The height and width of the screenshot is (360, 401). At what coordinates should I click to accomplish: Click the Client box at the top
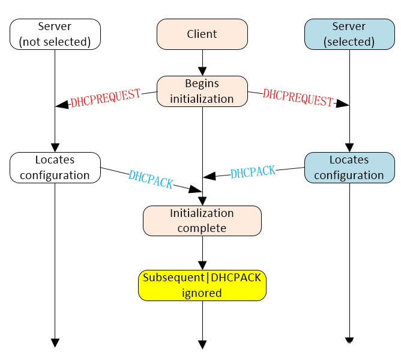tap(202, 34)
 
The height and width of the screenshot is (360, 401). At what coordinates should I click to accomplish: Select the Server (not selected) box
tap(55, 34)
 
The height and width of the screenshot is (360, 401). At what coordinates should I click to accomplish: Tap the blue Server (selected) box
tap(349, 34)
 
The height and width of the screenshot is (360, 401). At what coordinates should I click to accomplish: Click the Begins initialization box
tap(202, 91)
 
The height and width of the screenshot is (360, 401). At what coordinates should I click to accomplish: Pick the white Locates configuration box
tap(55, 167)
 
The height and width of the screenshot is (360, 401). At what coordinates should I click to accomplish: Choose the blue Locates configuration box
tap(349, 167)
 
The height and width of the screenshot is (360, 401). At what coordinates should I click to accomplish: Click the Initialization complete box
tap(202, 221)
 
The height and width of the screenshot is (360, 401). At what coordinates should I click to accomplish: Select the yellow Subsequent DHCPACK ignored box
tap(202, 285)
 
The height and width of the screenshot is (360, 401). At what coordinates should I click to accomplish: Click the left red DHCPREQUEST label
tap(105, 97)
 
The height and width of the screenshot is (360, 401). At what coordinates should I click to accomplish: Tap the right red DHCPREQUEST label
tap(298, 98)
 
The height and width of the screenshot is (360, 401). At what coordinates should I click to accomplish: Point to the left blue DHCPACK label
tap(151, 178)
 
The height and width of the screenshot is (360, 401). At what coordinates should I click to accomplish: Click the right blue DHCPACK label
tap(253, 172)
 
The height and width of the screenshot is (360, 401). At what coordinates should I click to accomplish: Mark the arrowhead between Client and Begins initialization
tap(202, 71)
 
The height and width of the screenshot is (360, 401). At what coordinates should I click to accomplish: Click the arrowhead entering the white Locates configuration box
tap(55, 147)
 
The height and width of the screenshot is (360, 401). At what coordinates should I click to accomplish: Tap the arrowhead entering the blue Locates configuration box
tap(349, 147)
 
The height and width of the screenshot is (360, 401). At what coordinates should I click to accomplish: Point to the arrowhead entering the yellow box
tap(202, 265)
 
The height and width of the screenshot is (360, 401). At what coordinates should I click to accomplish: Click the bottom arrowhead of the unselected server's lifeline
tap(55, 343)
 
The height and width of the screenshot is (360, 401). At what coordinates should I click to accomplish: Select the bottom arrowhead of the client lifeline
tap(202, 344)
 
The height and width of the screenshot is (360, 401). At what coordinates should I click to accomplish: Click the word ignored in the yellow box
tap(202, 293)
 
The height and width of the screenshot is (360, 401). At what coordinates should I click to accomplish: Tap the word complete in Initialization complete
tap(202, 228)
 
